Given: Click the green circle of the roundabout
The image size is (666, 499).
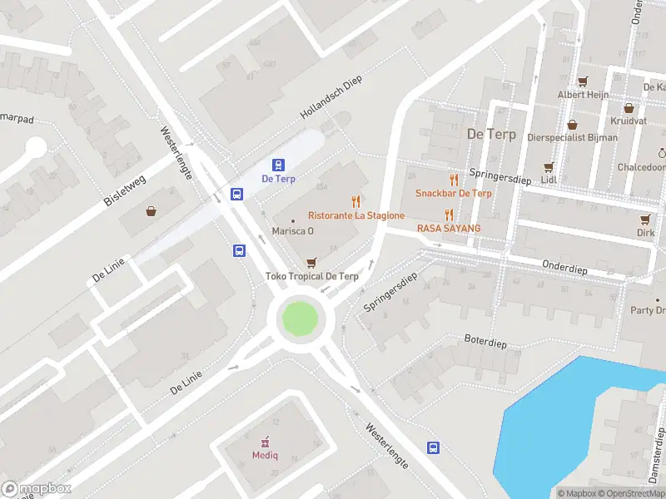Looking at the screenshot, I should (300, 319).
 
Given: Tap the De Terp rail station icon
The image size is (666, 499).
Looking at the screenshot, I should (278, 165).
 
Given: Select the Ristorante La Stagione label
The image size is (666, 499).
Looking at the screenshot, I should (356, 215).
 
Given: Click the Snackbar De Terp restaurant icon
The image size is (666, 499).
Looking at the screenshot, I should (454, 180).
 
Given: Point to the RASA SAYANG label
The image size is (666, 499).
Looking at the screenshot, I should (449, 228).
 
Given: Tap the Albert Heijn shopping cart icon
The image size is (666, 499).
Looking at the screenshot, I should (583, 82).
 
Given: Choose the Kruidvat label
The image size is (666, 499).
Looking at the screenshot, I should (628, 121).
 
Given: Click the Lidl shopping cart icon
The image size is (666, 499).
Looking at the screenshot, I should (548, 167).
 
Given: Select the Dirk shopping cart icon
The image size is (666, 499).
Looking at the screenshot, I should (644, 220).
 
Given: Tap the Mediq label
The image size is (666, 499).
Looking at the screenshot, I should (266, 455).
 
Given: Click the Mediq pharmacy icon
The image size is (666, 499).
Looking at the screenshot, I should (266, 441).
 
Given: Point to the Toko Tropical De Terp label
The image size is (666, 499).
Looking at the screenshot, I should (311, 276).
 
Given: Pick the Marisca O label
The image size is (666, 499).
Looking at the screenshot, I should (292, 231).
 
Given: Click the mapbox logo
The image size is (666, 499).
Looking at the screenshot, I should (37, 489).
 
